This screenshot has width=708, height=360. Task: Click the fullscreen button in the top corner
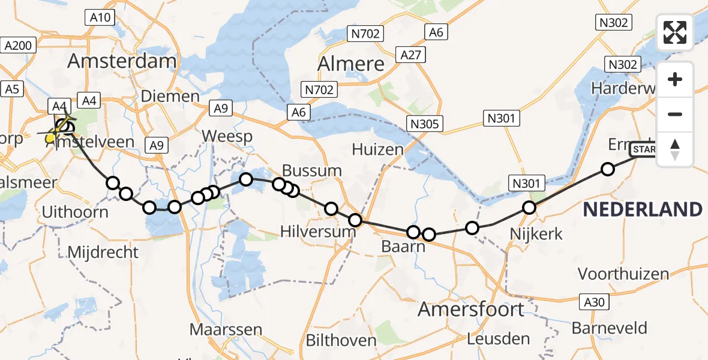click(675, 32)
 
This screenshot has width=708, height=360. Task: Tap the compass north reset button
click(675, 149)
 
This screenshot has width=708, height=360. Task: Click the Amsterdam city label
click(122, 61)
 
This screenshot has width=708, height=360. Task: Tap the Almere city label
click(351, 63)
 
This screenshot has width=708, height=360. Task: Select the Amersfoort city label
click(470, 310)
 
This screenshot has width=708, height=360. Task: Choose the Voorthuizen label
click(623, 274)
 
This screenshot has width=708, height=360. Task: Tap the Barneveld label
click(609, 328)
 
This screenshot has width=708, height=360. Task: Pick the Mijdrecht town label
click(103, 252)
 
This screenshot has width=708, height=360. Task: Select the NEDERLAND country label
click(643, 209)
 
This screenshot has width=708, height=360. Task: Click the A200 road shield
click(20, 44)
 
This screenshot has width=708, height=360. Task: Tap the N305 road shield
click(425, 124)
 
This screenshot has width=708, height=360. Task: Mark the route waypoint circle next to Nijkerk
click(529, 208)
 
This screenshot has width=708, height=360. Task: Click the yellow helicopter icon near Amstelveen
click(52, 137)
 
